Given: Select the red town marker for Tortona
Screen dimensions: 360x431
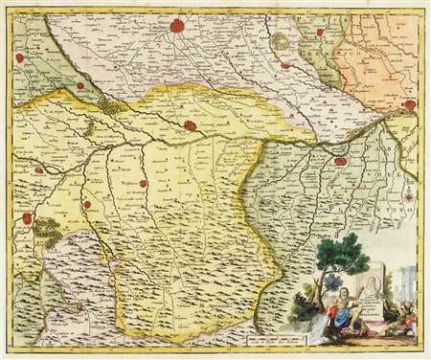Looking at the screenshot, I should click(87, 204).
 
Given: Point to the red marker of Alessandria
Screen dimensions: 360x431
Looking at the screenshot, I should click(28, 219).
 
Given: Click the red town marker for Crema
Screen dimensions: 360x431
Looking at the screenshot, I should click(279, 41).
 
